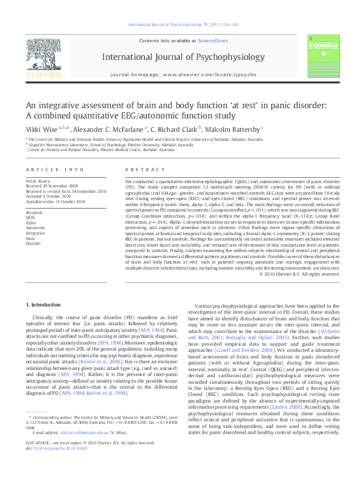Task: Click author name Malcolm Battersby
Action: [236, 129]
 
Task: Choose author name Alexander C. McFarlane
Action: [112, 129]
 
